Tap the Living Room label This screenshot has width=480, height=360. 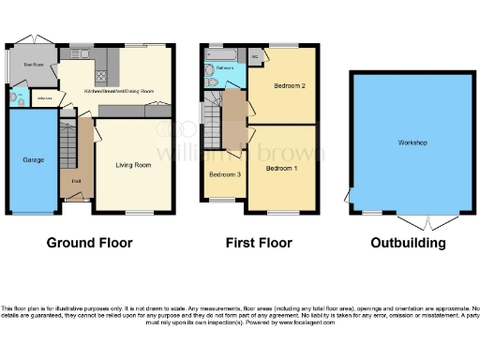[x=133, y=165]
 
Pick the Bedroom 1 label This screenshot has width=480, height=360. [x=281, y=169]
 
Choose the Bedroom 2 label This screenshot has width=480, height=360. [x=291, y=86]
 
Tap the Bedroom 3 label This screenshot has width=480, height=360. [x=224, y=174]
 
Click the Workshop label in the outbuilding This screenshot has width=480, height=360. [x=412, y=142]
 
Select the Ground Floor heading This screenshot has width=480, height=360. [x=90, y=243]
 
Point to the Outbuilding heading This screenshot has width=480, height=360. [x=409, y=243]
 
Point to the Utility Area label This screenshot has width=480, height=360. [x=43, y=97]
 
